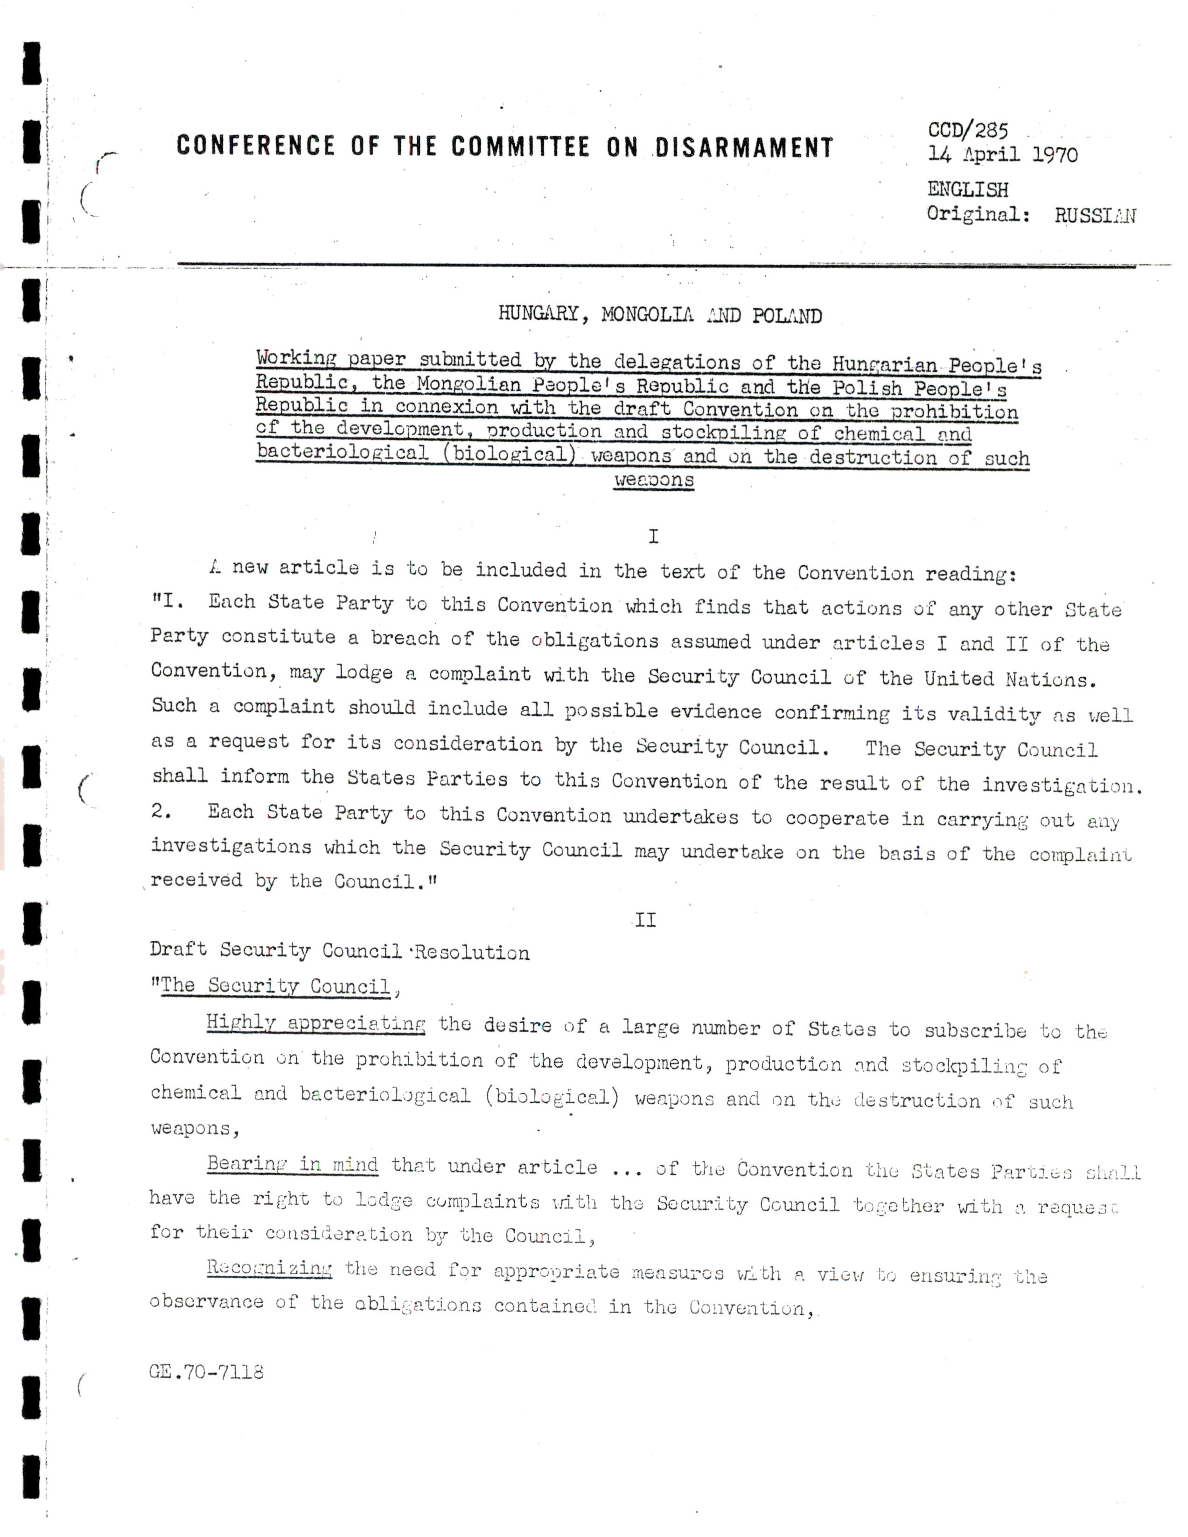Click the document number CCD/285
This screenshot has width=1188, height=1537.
click(x=968, y=130)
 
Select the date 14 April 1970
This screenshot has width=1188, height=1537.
click(x=1002, y=154)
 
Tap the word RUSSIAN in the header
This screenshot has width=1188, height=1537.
click(x=1094, y=216)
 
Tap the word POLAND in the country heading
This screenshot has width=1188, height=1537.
click(x=787, y=316)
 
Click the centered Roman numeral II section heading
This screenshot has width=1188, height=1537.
click(x=645, y=920)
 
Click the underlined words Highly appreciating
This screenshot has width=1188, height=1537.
click(x=315, y=1023)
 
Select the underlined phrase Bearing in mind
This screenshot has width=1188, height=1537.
click(x=292, y=1165)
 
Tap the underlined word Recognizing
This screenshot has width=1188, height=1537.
click(x=269, y=1268)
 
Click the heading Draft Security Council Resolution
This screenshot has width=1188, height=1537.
click(x=339, y=952)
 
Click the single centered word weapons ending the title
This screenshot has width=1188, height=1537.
click(x=654, y=480)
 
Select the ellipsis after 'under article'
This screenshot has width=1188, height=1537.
click(x=626, y=1169)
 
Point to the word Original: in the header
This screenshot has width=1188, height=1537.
click(x=978, y=214)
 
